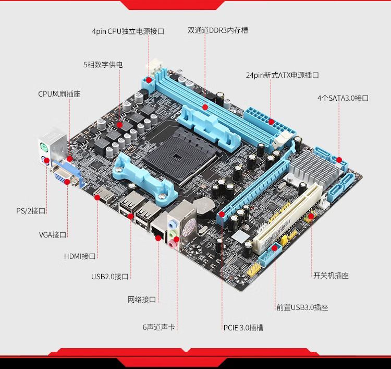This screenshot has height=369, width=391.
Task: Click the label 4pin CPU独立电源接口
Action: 128,31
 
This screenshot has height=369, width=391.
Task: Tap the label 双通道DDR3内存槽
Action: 218,30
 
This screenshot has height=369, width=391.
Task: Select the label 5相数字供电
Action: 103,65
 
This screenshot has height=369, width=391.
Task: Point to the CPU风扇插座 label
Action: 59,94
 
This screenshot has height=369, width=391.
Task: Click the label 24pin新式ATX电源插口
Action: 282,75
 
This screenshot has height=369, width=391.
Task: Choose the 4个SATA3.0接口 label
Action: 343,98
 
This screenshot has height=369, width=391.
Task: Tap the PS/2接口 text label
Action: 31,211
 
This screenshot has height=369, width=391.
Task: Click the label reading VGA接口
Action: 53,235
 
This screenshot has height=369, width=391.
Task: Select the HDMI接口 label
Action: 80,256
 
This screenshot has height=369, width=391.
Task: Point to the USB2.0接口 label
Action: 109,277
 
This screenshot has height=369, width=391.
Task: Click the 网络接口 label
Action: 142,300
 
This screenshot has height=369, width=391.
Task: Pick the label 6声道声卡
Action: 159,327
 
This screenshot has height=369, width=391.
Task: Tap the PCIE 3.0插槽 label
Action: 243,328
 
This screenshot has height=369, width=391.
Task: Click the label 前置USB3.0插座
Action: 302,307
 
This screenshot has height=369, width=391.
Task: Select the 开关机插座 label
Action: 331,276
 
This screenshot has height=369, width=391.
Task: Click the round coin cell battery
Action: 204,207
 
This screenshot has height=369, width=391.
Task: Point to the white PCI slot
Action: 287,218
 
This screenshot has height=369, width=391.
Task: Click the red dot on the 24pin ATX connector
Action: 271,122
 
